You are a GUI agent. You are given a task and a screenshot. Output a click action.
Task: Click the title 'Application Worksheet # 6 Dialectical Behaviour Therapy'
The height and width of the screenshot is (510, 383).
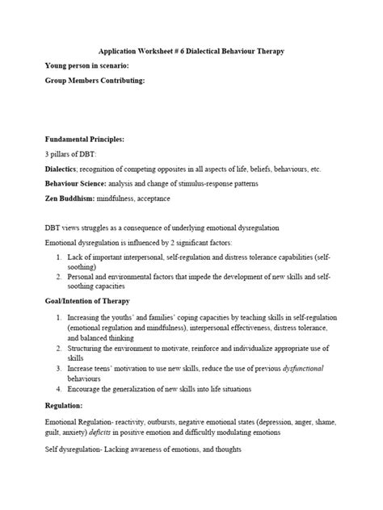tap(191, 51)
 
